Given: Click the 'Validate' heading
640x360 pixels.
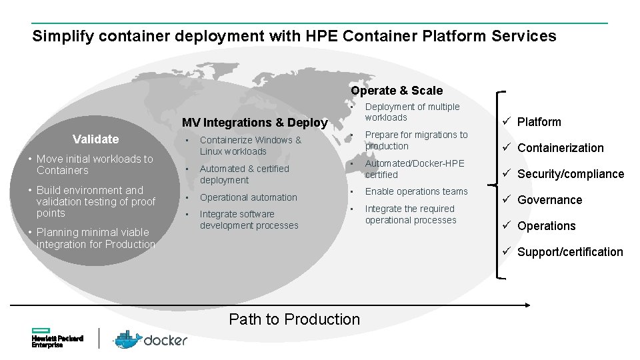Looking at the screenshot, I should click(95, 139).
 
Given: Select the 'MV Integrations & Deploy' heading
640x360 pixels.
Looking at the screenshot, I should click(255, 123).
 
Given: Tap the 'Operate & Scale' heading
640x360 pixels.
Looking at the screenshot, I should click(397, 91).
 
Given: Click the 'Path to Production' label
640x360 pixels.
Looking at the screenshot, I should click(294, 319).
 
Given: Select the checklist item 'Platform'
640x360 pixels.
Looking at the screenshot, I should click(539, 122).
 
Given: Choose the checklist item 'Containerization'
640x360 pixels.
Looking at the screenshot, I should click(560, 148).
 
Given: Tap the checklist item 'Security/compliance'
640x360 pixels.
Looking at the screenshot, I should click(570, 174).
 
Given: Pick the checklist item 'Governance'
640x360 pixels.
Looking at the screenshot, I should click(549, 200).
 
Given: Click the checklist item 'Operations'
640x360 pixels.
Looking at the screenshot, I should click(546, 226).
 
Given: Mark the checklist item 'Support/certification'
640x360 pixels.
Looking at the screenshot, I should click(569, 252).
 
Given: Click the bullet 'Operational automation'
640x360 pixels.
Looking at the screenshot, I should click(248, 197).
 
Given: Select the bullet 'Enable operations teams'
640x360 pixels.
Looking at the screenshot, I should click(416, 191).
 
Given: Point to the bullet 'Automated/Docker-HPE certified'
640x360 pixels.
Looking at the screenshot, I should click(414, 169).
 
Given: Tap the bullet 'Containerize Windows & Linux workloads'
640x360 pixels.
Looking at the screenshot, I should click(250, 146).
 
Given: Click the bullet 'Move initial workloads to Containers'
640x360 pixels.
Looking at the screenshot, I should click(95, 165).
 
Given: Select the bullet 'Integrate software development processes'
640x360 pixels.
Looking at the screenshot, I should click(249, 220).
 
